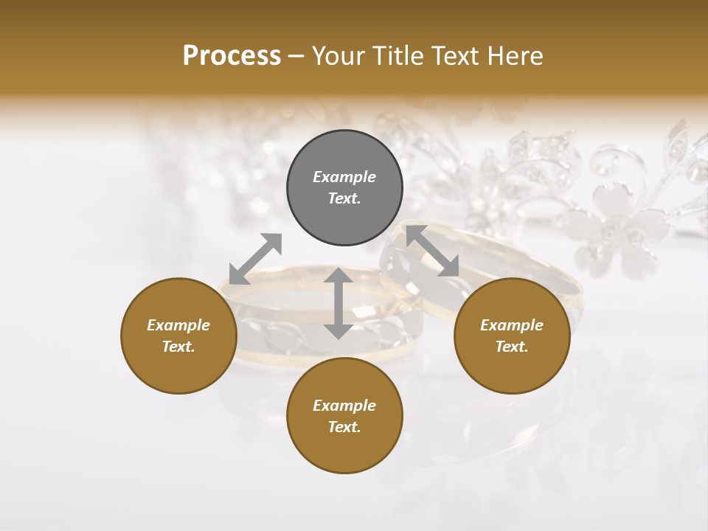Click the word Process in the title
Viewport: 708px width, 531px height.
pos(232,56)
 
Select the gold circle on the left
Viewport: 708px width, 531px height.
pos(178,361)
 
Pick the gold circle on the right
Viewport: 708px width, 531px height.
pos(512,361)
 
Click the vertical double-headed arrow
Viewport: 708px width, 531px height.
pos(339,303)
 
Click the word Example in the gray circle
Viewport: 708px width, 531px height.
pos(344,177)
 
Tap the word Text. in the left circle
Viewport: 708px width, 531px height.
pos(178,347)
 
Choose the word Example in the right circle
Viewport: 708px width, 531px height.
pos(512,325)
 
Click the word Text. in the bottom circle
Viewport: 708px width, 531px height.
pos(344,427)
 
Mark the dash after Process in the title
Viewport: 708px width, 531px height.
pos(296,56)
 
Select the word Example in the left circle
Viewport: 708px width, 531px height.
pos(178,325)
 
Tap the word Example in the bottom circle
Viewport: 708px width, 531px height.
pos(344,406)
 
